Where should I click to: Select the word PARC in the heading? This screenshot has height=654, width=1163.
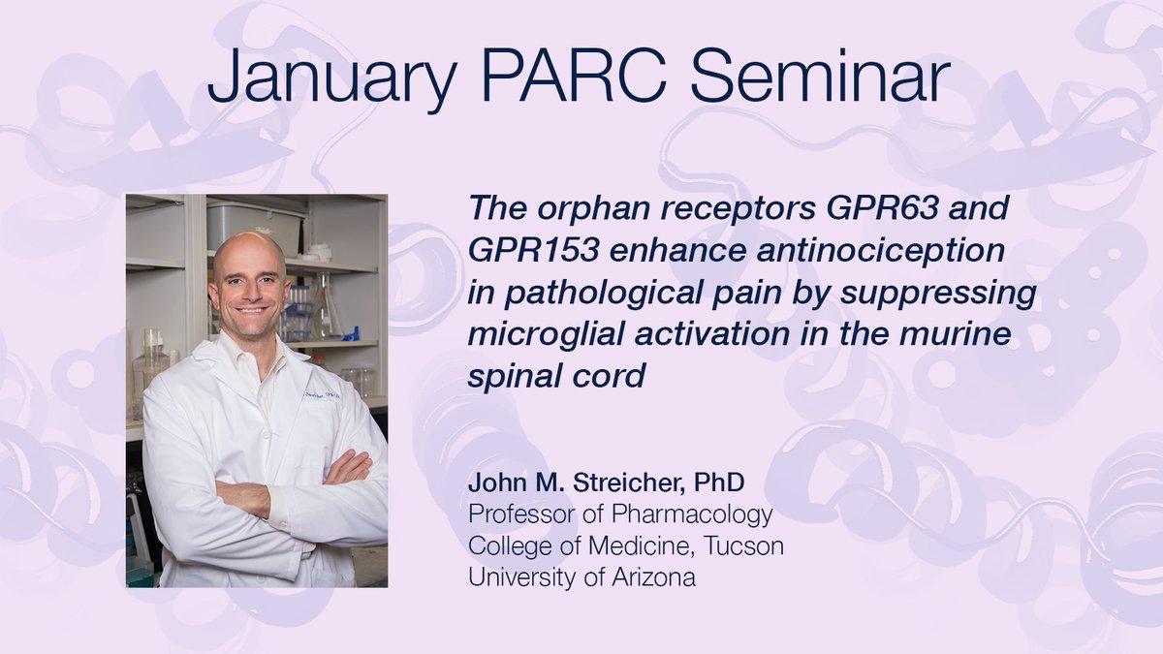[574, 77]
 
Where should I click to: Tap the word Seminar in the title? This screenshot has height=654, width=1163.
[820, 77]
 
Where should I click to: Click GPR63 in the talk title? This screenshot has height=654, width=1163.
[883, 207]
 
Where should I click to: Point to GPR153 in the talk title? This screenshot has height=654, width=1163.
[534, 250]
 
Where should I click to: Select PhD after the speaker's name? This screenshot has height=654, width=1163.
[719, 483]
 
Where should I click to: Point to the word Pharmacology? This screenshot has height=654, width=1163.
[692, 514]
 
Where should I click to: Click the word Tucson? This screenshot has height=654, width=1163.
[743, 545]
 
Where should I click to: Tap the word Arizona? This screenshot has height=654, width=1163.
[653, 577]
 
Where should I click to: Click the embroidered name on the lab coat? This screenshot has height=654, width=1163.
[322, 395]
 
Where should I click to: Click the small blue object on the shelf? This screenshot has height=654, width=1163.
[352, 332]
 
